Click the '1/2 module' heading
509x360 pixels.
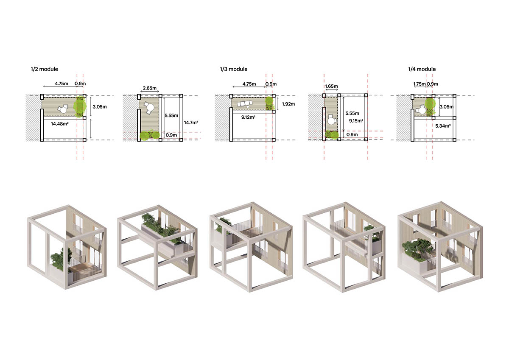tap(44, 69)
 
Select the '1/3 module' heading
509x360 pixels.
tap(233, 69)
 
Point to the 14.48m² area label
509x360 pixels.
tap(59, 124)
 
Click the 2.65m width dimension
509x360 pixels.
tap(148, 88)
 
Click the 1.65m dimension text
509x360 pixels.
tap(332, 86)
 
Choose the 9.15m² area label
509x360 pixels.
tap(356, 120)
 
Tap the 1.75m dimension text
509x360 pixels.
tap(420, 84)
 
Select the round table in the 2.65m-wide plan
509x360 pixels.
tap(150, 109)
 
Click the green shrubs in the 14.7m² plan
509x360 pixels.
tap(149, 136)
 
